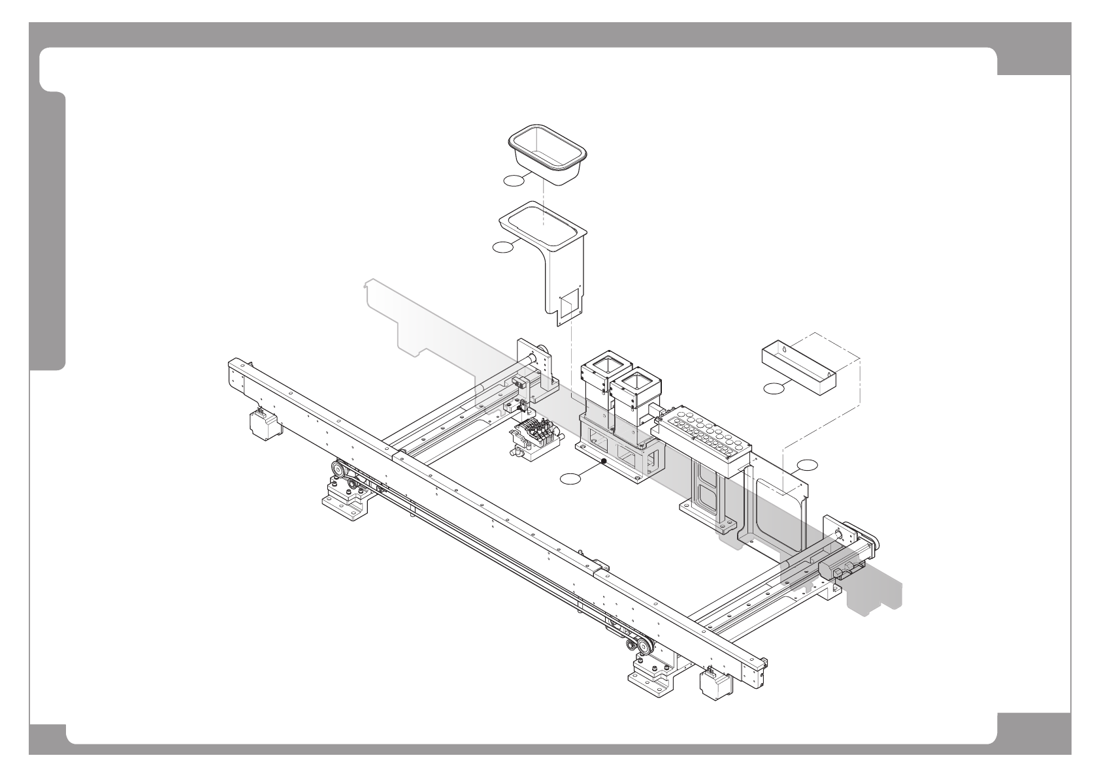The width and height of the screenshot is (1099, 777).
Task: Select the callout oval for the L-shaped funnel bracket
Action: [503, 246]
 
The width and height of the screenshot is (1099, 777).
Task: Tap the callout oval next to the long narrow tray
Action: [774, 389]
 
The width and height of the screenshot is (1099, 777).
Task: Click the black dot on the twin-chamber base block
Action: [603, 462]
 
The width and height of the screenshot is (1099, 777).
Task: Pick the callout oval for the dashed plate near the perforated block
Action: [807, 465]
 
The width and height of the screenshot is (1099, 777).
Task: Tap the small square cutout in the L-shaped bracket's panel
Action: [569, 304]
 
